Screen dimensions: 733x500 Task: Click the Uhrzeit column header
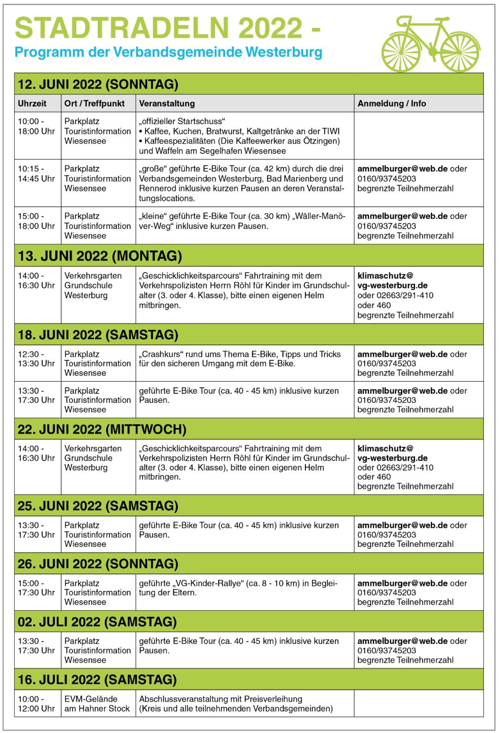tap(32, 104)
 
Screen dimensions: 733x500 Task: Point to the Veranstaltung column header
tap(167, 104)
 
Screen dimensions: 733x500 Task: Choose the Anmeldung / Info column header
tap(392, 104)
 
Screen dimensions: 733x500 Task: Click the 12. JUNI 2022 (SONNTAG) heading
tap(98, 84)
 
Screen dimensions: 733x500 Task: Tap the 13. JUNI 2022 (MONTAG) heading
tap(100, 256)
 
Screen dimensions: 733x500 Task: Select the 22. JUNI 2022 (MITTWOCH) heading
tap(102, 429)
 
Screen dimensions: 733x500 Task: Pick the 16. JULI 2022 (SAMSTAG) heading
tap(97, 679)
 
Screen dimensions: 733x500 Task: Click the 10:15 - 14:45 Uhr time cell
tap(36, 174)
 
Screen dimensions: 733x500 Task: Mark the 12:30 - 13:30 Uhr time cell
tap(36, 359)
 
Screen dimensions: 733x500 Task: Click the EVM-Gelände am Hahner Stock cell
tap(97, 703)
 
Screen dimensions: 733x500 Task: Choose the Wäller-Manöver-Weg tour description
tap(242, 221)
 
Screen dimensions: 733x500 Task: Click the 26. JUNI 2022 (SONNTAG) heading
tap(98, 564)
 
